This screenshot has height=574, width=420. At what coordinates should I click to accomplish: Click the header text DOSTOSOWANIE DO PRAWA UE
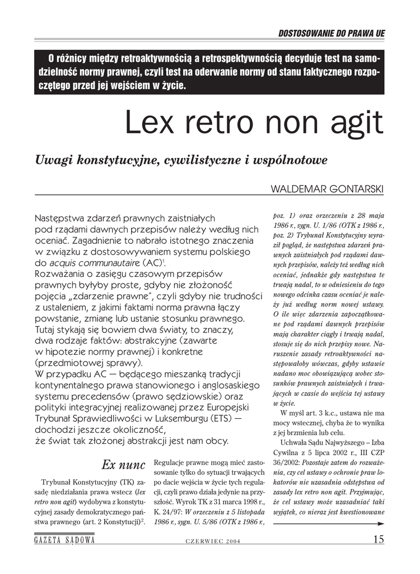tap(332, 33)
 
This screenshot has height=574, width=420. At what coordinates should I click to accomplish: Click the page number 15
tap(378, 539)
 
